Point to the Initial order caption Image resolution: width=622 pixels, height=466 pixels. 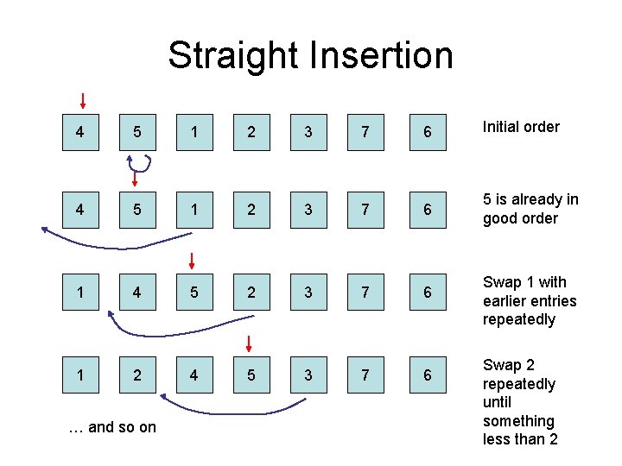tap(521, 127)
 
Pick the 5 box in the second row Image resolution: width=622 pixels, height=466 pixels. tap(136, 210)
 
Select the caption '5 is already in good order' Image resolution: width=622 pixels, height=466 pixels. tap(530, 209)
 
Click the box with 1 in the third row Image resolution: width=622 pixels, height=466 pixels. tap(80, 292)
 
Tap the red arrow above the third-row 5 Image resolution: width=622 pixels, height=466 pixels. tap(193, 261)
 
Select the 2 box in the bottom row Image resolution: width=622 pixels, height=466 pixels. tap(136, 375)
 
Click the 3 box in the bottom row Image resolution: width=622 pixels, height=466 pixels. tap(308, 375)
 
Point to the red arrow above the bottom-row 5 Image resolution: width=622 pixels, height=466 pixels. tap(249, 343)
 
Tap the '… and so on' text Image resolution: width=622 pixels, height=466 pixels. tap(112, 427)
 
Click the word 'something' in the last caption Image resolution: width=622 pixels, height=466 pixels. tap(518, 421)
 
